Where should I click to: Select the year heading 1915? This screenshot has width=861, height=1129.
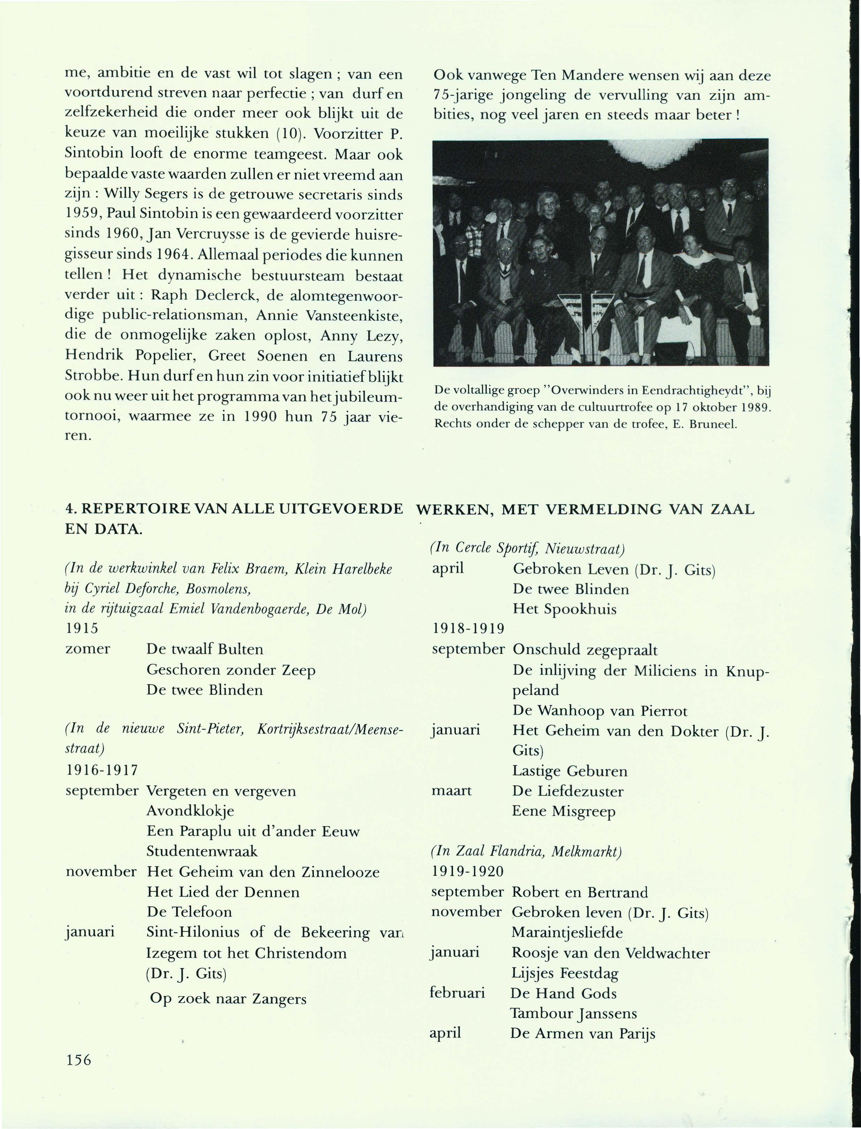coord(82,628)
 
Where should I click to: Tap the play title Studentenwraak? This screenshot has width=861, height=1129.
coord(202,851)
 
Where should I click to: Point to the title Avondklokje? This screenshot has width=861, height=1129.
coord(190,811)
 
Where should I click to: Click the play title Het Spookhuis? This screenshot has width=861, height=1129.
coord(564,609)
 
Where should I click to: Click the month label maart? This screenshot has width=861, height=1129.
coord(452,791)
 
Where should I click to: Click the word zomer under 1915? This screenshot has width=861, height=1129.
coord(88,649)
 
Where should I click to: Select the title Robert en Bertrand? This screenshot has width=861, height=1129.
coord(580,892)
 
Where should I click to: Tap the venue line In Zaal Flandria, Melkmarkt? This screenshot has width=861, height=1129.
coord(526,852)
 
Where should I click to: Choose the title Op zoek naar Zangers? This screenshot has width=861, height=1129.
coord(228,999)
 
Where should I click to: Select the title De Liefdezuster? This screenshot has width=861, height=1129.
coord(568,791)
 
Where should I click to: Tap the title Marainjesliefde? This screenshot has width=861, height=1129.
coord(567,933)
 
